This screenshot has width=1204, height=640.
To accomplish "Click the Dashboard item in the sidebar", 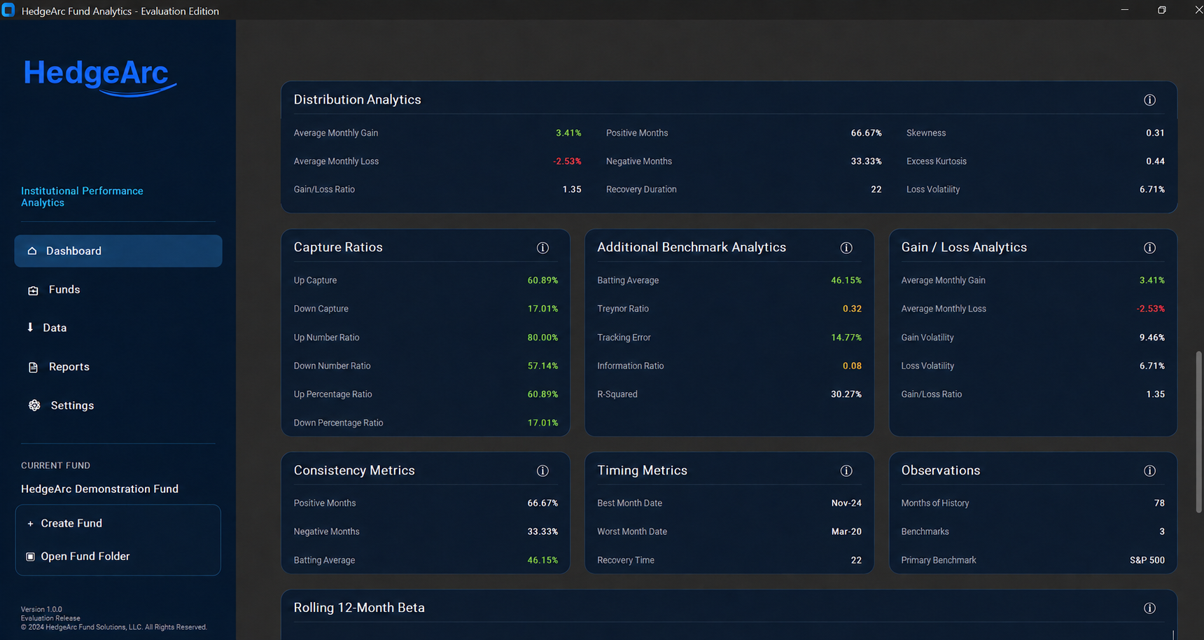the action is pyautogui.click(x=118, y=251).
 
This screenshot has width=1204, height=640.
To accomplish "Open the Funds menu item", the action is pyautogui.click(x=64, y=290).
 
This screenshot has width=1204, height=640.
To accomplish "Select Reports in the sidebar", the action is pyautogui.click(x=69, y=367).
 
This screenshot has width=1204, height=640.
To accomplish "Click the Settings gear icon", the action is pyautogui.click(x=34, y=405).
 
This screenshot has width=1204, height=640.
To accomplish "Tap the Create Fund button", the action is pyautogui.click(x=71, y=524).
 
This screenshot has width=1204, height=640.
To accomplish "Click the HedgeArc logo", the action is pyautogui.click(x=100, y=76).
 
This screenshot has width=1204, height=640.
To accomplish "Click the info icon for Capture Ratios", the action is pyautogui.click(x=542, y=248).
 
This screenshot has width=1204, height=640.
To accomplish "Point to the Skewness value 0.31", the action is pyautogui.click(x=1155, y=133).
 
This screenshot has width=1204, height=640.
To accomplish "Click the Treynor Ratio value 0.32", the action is pyautogui.click(x=852, y=309).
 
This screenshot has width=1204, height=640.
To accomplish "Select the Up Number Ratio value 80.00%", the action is pyautogui.click(x=542, y=338).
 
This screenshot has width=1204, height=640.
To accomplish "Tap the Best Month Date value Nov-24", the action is pyautogui.click(x=846, y=503).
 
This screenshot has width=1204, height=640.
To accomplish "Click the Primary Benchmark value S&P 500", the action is pyautogui.click(x=1147, y=560).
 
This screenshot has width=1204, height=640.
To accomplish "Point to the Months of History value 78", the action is pyautogui.click(x=1159, y=503).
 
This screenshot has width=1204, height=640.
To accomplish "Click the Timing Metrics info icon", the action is pyautogui.click(x=846, y=471).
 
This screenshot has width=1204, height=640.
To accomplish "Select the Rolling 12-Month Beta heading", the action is pyautogui.click(x=359, y=608).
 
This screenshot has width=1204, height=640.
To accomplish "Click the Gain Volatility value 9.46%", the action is pyautogui.click(x=1152, y=338).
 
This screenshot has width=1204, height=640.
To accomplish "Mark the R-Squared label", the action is pyautogui.click(x=617, y=394).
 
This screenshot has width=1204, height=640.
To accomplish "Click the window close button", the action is pyautogui.click(x=1198, y=10).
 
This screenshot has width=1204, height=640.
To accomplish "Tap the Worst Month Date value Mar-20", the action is pyautogui.click(x=846, y=532).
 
